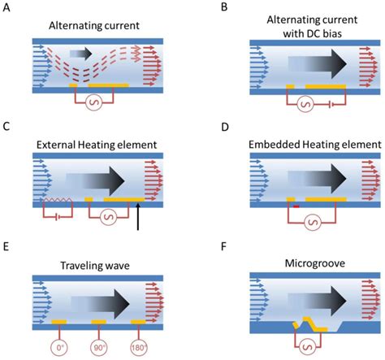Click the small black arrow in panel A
(x=79, y=54)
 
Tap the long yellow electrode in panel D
(x=326, y=199)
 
